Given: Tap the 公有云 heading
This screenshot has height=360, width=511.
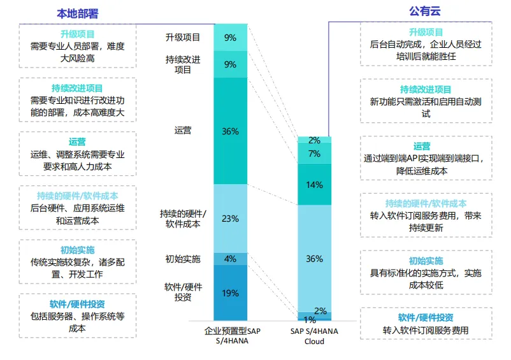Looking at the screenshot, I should [424, 11].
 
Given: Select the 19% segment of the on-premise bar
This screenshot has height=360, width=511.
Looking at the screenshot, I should [230, 293].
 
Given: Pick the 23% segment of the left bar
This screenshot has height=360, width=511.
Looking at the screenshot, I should [230, 219].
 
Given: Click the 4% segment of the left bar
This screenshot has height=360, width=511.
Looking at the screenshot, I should [230, 259].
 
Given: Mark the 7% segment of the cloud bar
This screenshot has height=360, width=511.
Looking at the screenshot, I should [314, 154].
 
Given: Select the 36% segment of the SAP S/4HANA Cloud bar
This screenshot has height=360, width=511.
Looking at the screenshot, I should [314, 259].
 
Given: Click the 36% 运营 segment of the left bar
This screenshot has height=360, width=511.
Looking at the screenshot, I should [230, 131].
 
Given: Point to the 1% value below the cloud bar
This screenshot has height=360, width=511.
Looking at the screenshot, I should [310, 320].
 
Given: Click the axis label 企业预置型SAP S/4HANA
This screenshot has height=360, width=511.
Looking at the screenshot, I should [232, 336].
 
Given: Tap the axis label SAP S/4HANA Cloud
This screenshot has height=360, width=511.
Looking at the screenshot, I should [315, 336].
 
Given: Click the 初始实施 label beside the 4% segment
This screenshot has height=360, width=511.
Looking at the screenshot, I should [183, 259].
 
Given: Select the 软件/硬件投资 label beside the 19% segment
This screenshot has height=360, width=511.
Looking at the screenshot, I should [183, 292].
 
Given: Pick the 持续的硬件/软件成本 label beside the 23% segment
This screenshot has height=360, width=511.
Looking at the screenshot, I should [183, 218].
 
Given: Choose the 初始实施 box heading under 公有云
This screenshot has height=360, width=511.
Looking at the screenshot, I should [426, 261].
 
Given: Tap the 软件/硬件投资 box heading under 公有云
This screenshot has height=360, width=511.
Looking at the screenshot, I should [426, 318].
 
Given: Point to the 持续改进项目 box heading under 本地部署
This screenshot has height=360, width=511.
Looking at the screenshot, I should [77, 89].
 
